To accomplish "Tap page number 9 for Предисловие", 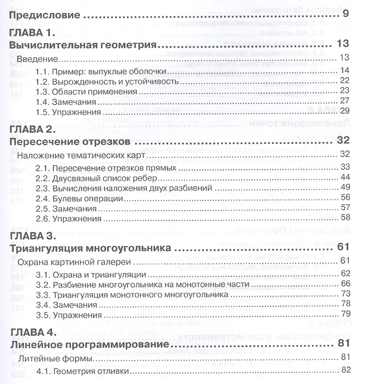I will [344, 13].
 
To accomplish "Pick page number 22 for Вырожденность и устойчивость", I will [344, 80].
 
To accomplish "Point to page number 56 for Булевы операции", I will [344, 197].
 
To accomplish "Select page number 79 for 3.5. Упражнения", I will [344, 314].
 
